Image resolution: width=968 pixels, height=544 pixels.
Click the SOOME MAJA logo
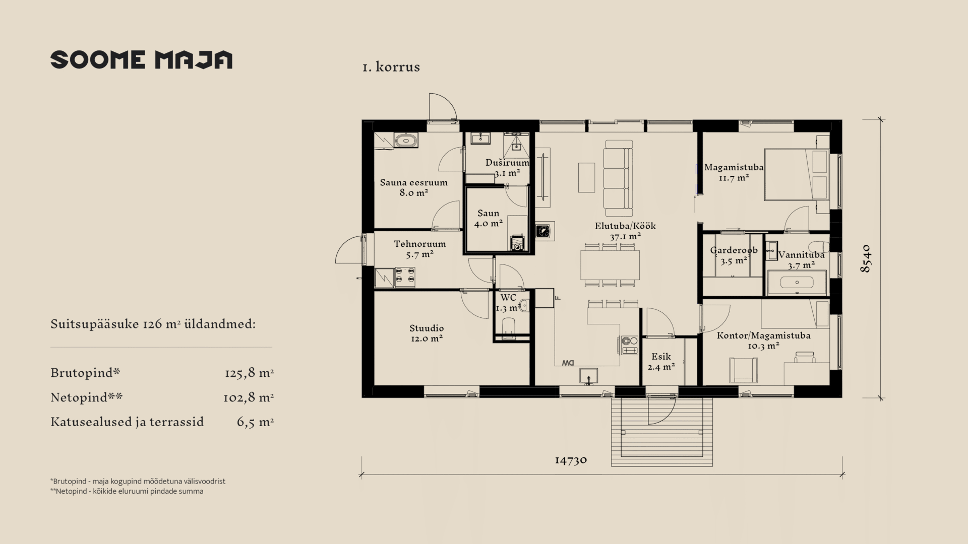141,59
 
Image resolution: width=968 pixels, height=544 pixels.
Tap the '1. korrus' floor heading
391,67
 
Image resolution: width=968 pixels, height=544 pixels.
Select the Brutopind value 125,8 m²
249,373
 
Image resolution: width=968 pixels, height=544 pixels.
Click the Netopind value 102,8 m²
249,397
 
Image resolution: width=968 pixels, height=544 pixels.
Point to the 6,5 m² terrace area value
255,422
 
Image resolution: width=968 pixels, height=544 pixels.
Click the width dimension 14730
571,460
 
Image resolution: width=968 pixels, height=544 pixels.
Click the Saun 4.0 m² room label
488,219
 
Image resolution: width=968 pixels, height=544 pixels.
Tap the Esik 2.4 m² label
661,362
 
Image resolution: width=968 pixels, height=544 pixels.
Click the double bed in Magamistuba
797,174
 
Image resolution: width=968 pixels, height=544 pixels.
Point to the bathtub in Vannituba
797,283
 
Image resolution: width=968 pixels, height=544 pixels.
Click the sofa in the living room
618,178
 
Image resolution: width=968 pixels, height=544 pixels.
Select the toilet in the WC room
509,326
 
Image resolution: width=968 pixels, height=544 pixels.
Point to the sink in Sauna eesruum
406,141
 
